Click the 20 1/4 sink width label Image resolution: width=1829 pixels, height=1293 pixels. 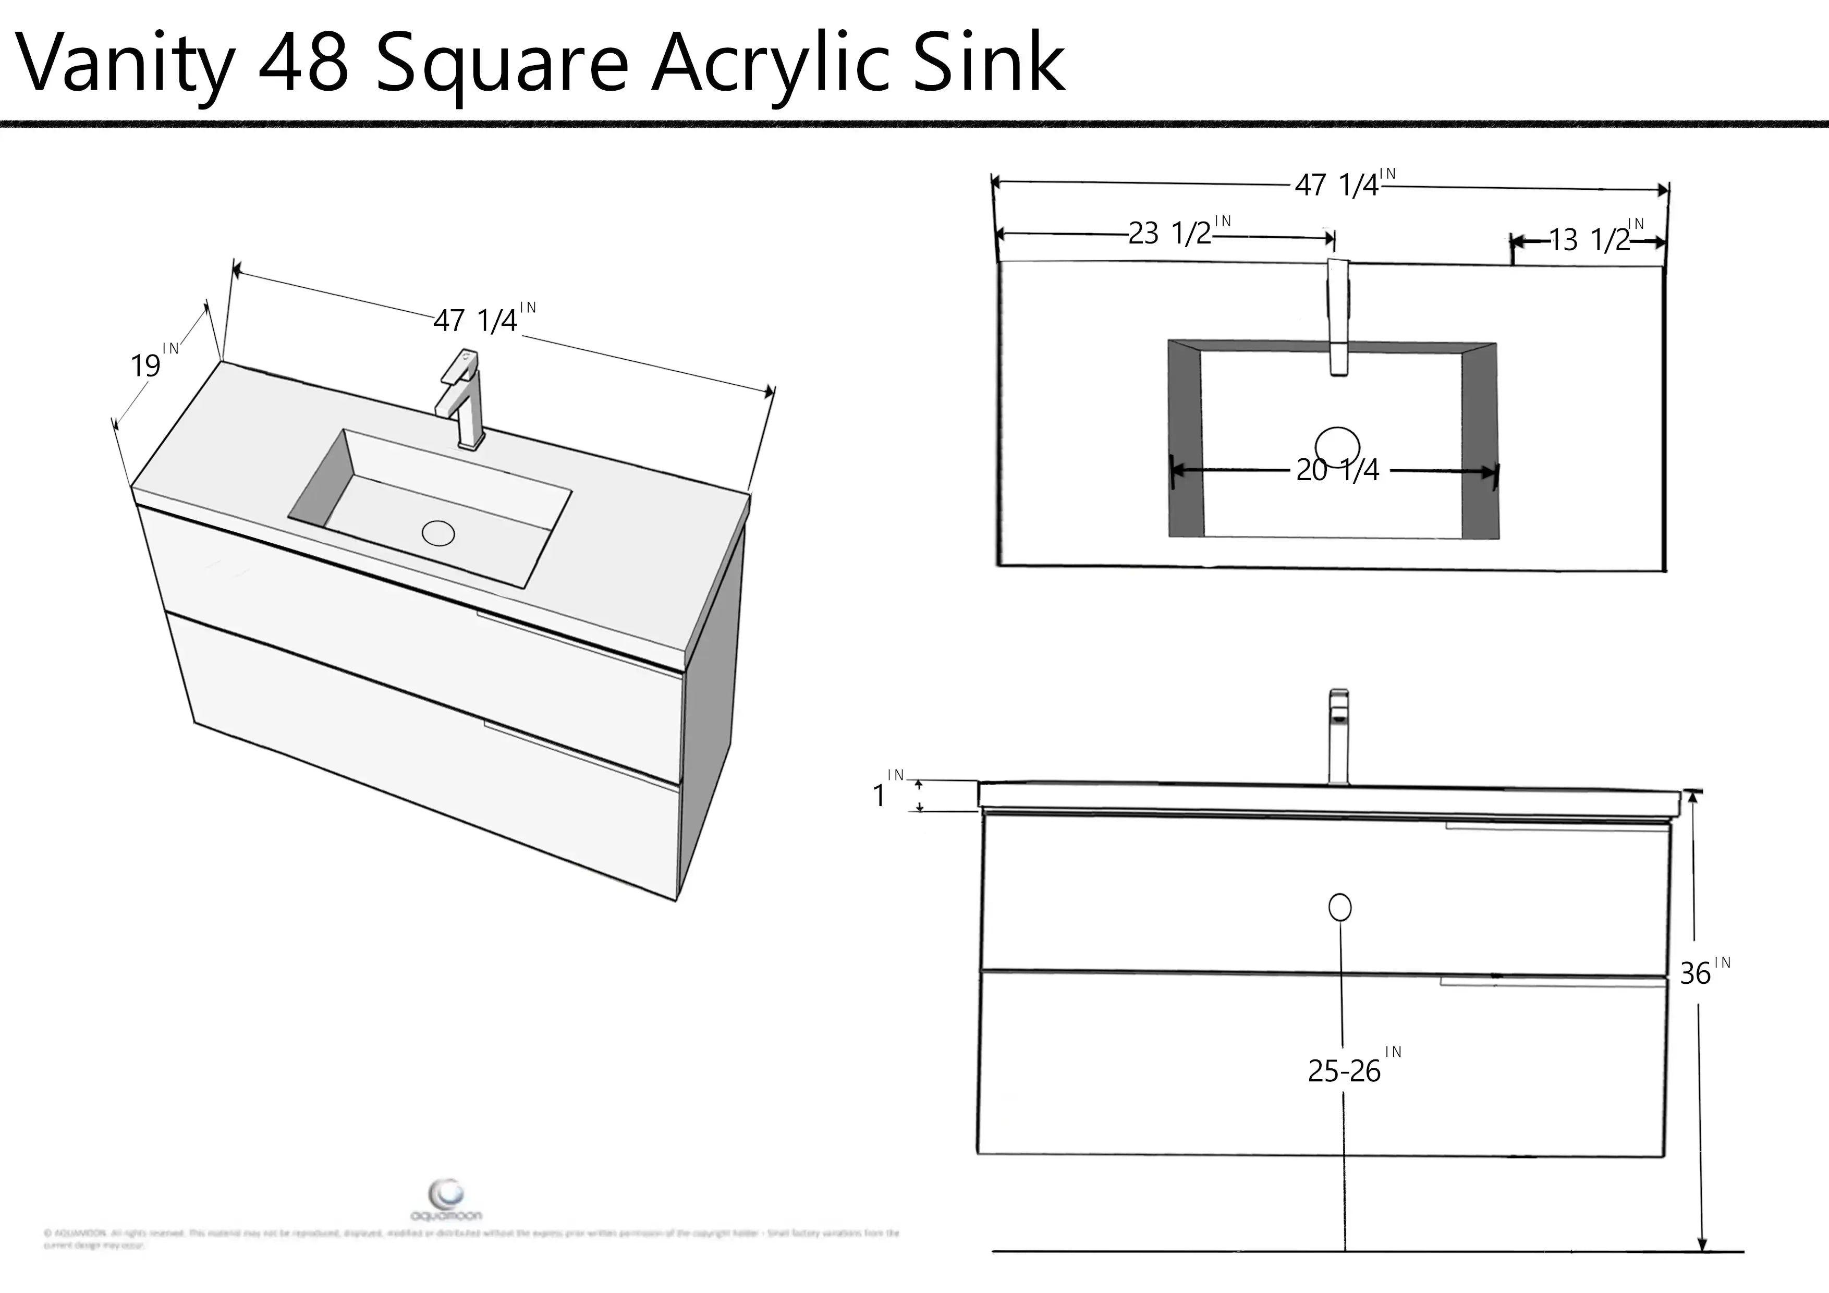pos(1337,470)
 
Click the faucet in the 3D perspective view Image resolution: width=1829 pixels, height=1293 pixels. pos(462,398)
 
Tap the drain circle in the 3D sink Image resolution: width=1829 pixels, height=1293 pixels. pos(438,533)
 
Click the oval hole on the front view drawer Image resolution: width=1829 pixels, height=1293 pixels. pos(1340,907)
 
